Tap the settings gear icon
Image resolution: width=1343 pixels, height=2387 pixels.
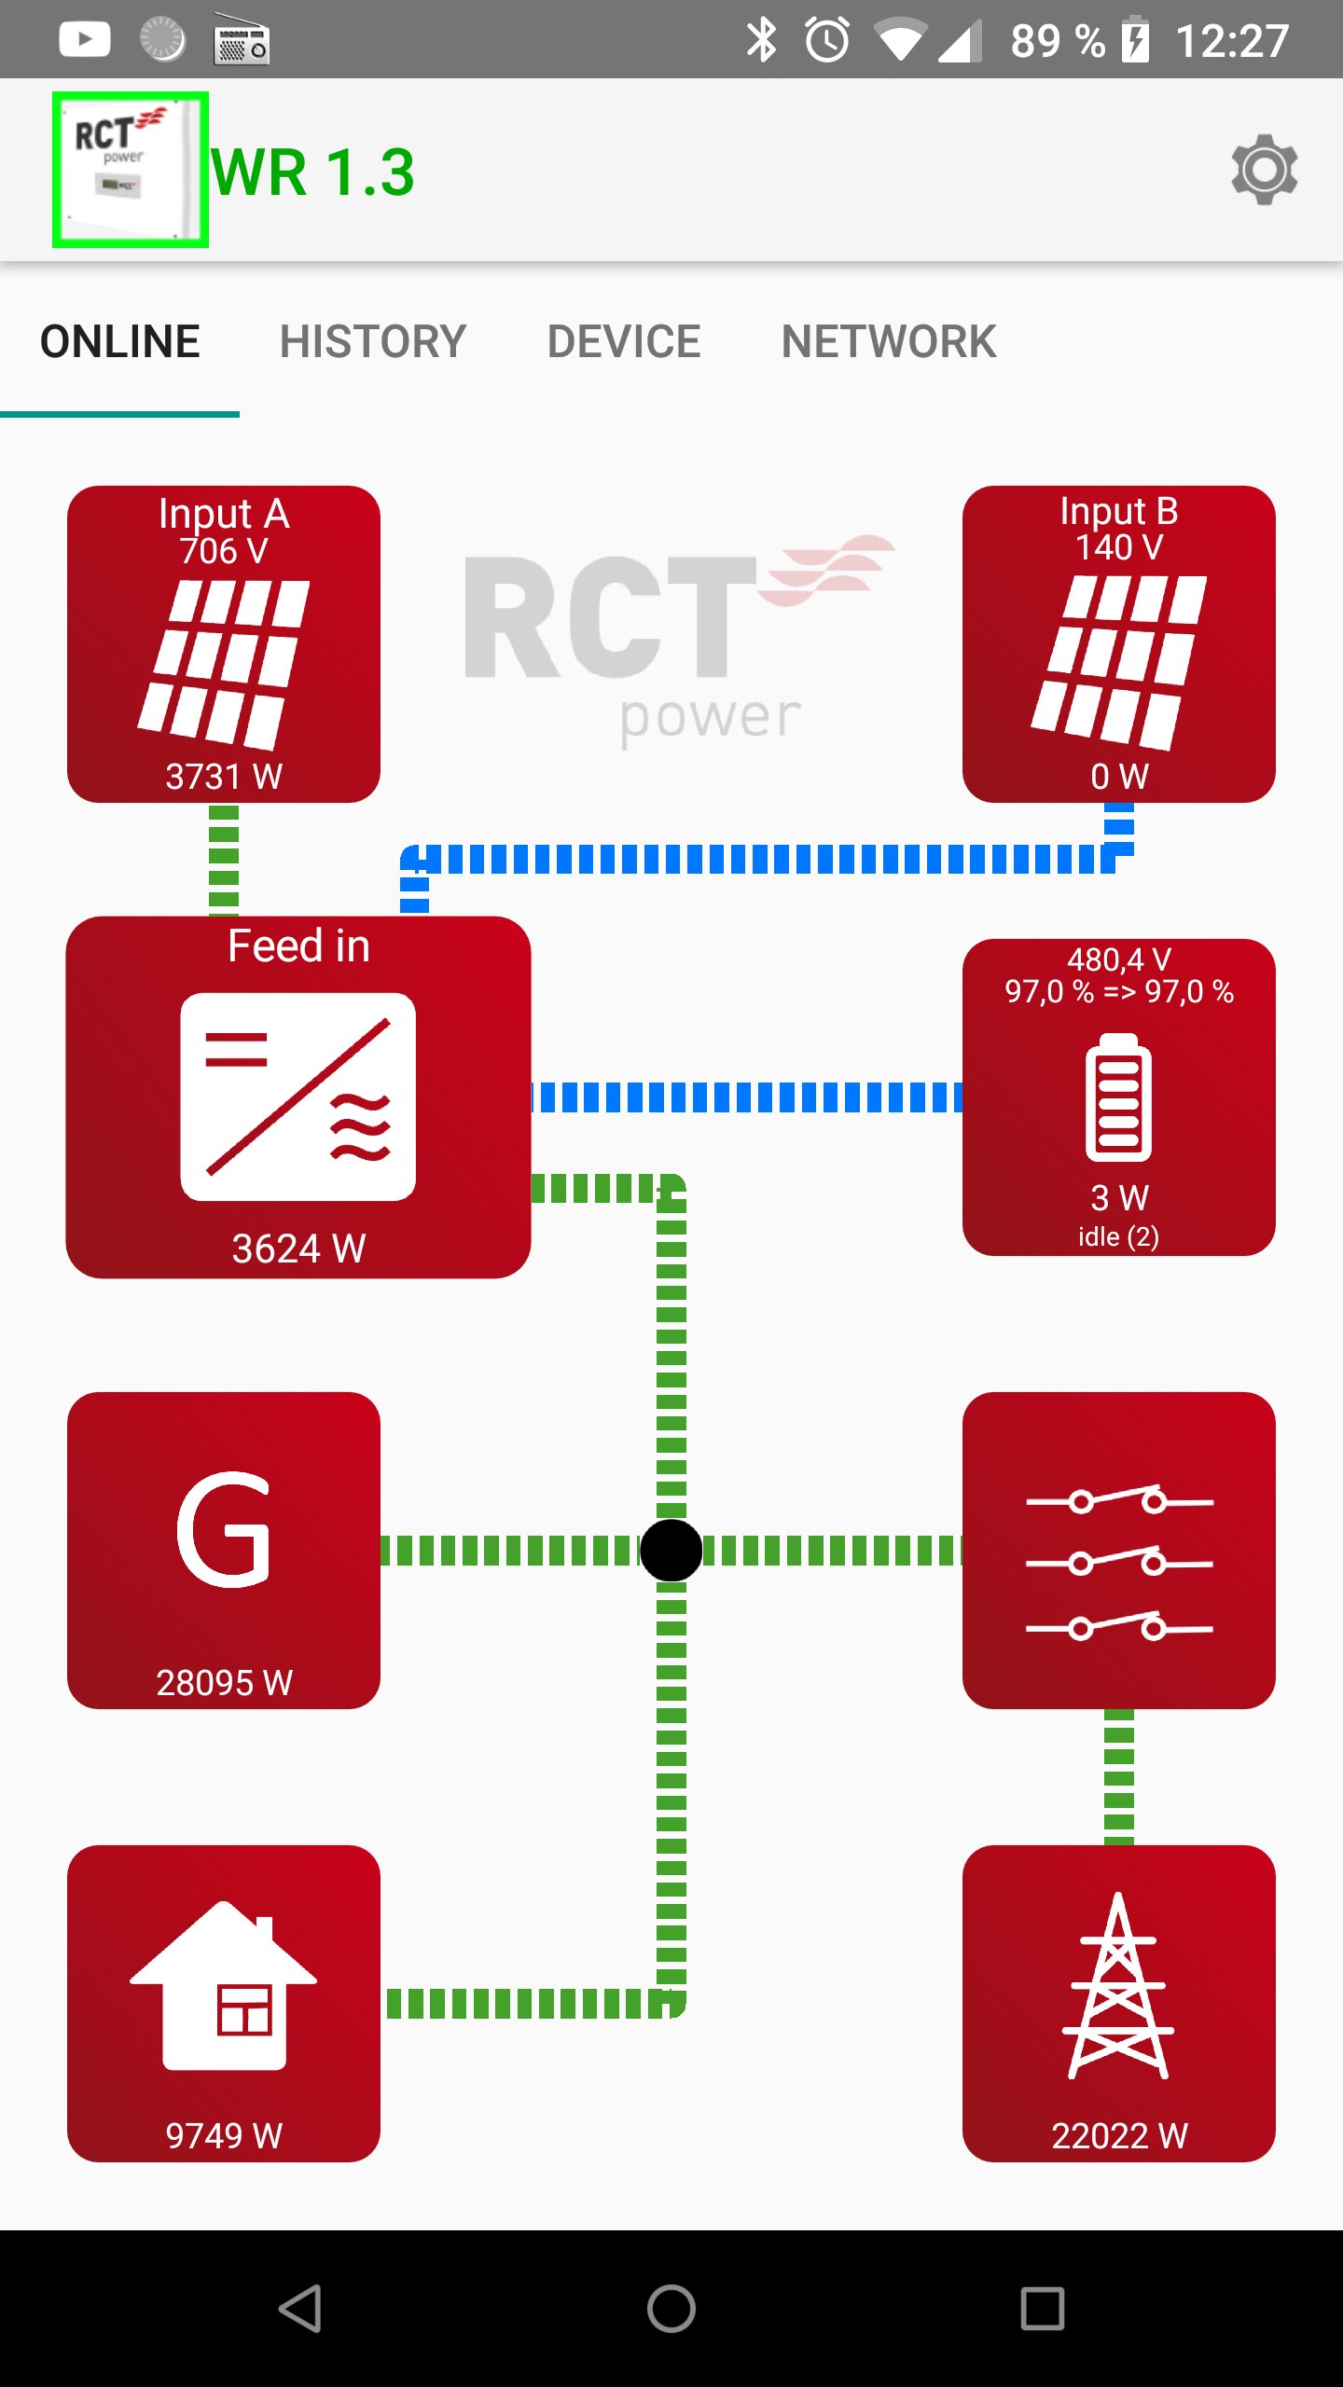coord(1264,170)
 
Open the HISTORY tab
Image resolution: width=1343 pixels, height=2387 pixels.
coord(372,341)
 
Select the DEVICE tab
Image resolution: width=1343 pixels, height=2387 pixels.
coord(623,341)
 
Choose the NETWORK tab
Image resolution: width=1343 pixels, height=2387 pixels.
coord(888,341)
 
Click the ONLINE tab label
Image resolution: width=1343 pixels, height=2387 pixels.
coord(119,341)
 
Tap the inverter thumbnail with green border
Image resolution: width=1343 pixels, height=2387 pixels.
coord(131,170)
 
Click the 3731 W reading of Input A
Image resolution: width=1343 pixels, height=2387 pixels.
coord(224,776)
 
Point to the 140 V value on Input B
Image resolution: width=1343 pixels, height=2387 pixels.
coord(1118,547)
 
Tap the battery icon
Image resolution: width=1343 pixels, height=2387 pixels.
coord(1118,1097)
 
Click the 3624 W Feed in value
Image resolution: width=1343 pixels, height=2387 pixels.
coord(298,1249)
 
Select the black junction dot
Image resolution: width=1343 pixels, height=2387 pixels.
coord(671,1551)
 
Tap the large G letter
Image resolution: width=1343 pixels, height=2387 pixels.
coord(224,1529)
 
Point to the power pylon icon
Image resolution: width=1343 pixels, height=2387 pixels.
coord(1118,1986)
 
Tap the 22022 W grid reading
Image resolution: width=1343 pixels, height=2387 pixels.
coord(1118,2135)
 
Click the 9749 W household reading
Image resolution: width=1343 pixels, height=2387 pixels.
coord(224,2135)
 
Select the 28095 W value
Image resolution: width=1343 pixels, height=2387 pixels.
coord(224,1683)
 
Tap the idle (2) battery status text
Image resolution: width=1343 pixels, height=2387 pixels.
coord(1118,1236)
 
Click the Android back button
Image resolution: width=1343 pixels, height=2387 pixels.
coord(300,2309)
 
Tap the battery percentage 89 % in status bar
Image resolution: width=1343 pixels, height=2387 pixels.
coord(1057,41)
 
